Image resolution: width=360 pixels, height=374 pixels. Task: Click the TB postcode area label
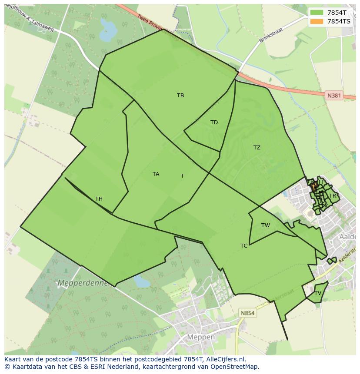point(180,96)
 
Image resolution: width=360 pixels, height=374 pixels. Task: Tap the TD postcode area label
point(214,122)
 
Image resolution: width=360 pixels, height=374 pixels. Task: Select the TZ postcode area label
point(257,148)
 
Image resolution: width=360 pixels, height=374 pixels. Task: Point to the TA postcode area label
point(156,174)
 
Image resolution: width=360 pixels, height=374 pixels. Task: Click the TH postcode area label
point(99,199)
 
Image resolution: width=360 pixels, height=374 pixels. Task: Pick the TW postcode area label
point(266,225)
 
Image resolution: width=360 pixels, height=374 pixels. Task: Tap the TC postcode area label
point(244,246)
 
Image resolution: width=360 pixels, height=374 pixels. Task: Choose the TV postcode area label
point(318,293)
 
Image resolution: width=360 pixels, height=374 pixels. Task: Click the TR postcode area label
point(333,196)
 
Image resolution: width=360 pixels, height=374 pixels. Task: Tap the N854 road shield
point(247,313)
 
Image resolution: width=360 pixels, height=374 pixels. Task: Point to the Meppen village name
point(201,337)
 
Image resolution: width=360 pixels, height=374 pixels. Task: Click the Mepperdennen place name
point(84,283)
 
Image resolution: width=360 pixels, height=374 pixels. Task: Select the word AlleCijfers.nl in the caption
point(226,359)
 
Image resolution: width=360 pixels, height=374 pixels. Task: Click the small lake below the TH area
point(141,281)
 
